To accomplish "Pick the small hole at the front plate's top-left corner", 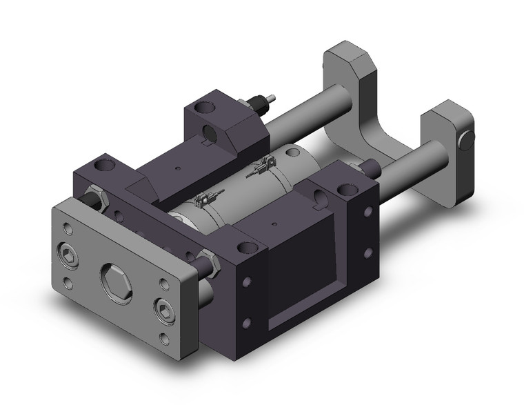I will (65, 227).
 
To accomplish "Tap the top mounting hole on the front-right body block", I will (241, 246).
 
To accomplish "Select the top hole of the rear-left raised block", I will (203, 106).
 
